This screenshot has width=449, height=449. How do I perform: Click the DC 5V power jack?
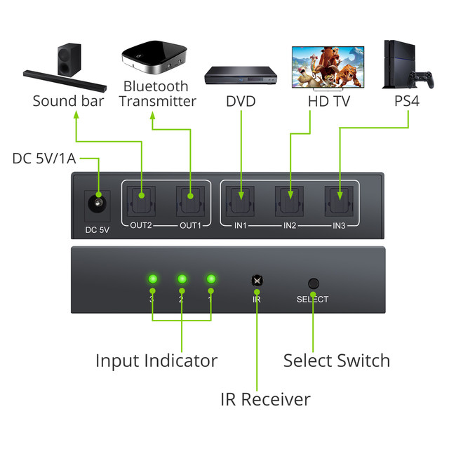97,206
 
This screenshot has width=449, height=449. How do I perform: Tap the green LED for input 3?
152,279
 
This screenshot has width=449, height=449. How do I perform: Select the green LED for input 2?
182,279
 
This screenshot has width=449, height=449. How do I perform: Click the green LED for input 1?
210,279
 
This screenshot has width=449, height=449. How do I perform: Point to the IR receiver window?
257,280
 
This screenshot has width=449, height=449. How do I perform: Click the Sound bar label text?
68,101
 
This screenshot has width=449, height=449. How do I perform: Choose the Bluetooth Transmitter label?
157,94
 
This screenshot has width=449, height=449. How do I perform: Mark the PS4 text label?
407,101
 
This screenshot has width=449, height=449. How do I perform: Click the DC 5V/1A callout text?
43,159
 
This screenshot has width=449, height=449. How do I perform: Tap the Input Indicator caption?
156,361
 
